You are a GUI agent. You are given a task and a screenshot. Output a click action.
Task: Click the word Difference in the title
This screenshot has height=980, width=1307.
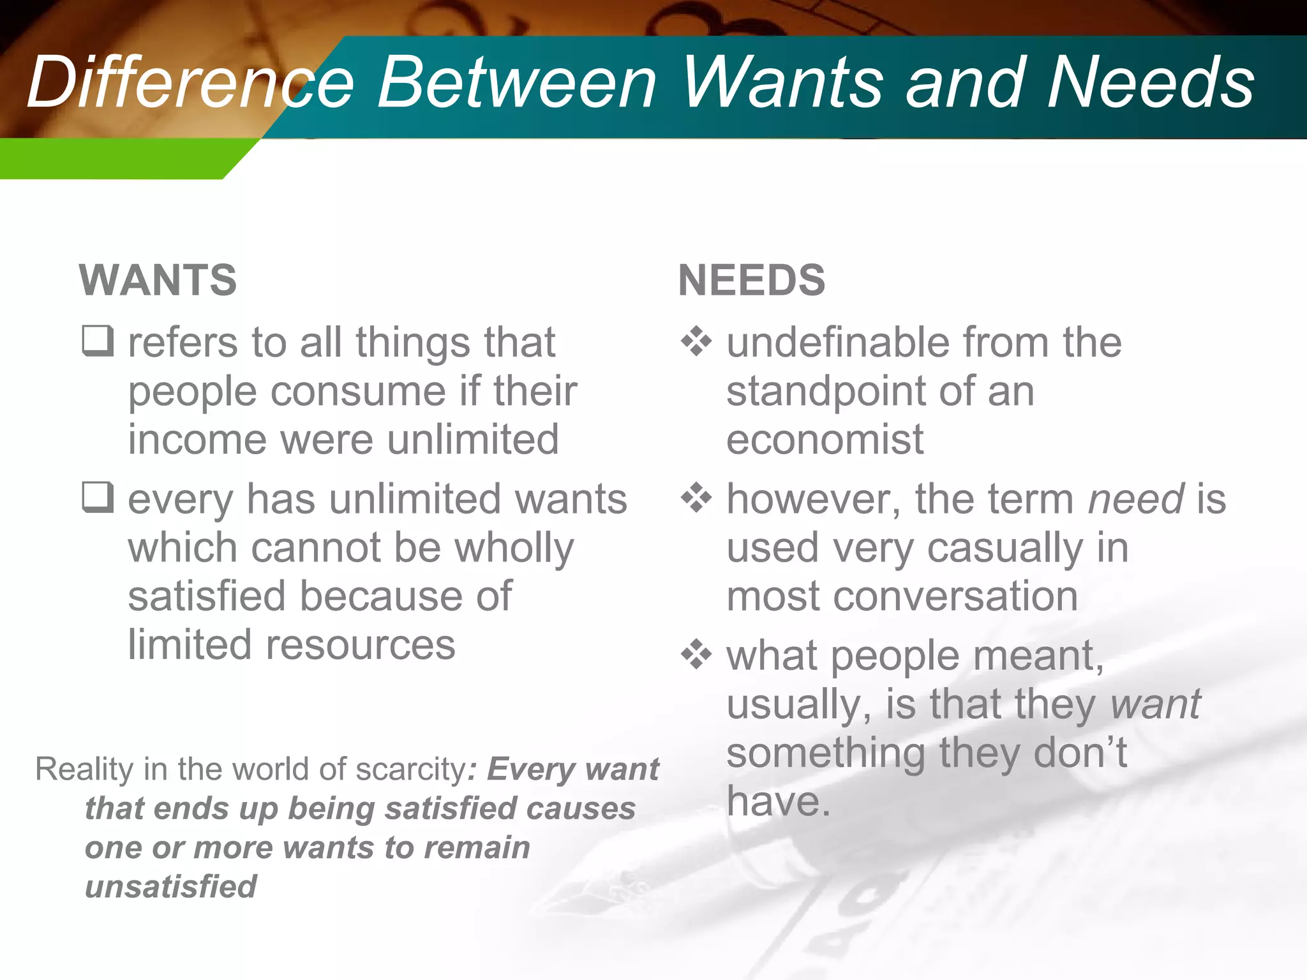(190, 83)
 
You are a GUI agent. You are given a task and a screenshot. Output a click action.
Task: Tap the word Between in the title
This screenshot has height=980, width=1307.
(517, 83)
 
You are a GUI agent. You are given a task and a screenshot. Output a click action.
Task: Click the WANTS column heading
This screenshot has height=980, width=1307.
(158, 280)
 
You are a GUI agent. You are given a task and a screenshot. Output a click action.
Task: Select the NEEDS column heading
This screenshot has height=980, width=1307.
(751, 280)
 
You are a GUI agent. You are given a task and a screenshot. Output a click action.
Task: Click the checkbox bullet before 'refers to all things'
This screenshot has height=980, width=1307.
(98, 341)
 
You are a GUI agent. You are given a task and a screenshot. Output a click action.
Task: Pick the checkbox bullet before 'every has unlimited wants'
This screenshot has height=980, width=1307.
(98, 497)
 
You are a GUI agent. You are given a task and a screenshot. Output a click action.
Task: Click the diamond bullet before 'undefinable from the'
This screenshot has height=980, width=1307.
(696, 341)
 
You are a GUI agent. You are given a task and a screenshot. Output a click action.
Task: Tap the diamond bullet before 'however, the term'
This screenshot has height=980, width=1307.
(696, 497)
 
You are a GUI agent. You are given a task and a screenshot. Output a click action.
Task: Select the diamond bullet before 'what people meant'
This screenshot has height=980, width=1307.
(696, 655)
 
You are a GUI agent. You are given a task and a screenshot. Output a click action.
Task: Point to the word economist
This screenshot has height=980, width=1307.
(825, 440)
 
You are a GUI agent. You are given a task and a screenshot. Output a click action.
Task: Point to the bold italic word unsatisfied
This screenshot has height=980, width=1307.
(170, 887)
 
